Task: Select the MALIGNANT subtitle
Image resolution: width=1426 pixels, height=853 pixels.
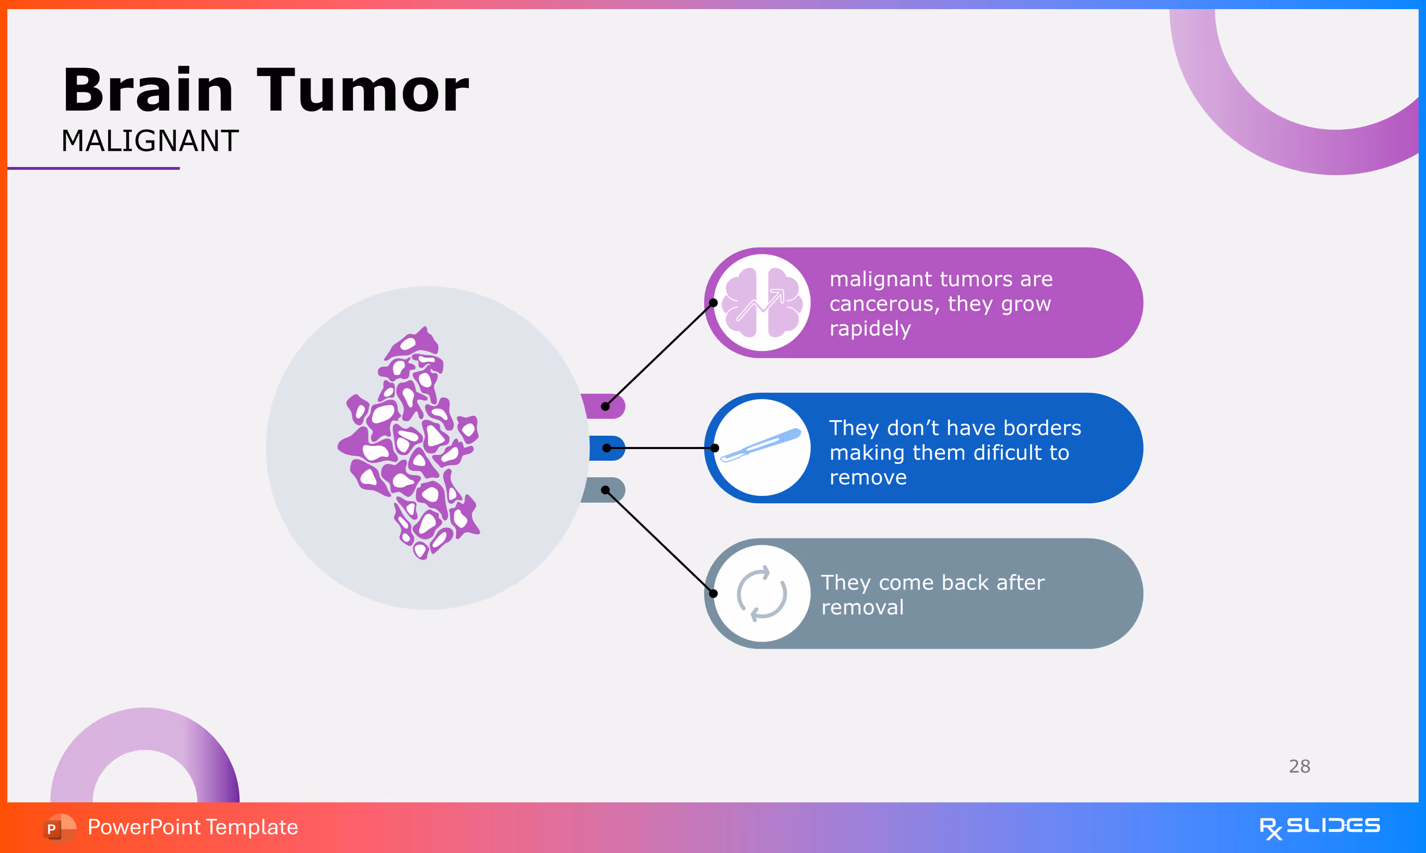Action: pyautogui.click(x=150, y=141)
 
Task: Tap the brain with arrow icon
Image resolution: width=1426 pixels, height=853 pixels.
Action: pyautogui.click(x=762, y=303)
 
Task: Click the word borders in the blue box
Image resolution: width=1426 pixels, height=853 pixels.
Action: pyautogui.click(x=1042, y=428)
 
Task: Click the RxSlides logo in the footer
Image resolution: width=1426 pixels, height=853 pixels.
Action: pyautogui.click(x=1320, y=827)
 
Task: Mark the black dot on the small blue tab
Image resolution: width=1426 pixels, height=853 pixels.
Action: pyautogui.click(x=607, y=448)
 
